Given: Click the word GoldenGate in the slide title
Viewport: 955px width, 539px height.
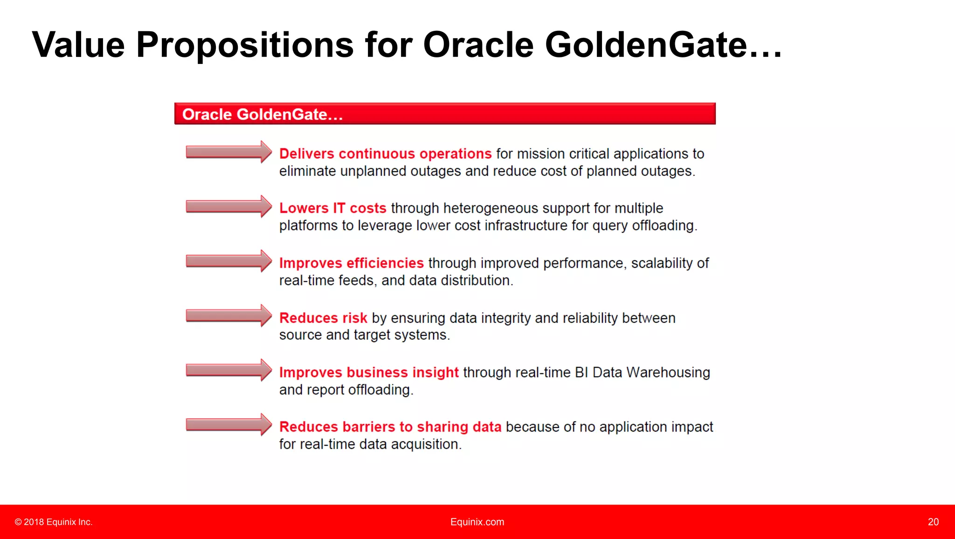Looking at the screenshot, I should (646, 45).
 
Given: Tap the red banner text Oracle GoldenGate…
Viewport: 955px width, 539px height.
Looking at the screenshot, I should (263, 114).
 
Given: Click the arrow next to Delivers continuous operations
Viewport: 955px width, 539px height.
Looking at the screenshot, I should (228, 152).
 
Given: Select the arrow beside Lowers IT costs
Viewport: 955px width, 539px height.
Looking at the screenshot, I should (228, 207).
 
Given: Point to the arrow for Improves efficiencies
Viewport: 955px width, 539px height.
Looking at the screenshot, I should (228, 261).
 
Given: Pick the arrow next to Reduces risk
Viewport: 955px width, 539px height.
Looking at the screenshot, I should (228, 316).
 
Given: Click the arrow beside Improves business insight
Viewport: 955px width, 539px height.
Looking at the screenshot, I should (228, 371).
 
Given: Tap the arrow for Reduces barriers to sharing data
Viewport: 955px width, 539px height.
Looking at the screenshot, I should (228, 425).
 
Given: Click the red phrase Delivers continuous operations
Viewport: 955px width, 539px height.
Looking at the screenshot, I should (385, 154).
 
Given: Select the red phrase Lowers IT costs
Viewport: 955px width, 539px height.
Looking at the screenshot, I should (332, 208).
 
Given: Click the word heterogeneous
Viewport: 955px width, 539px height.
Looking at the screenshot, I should (488, 208).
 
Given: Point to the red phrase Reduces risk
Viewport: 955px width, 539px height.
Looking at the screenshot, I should (323, 318).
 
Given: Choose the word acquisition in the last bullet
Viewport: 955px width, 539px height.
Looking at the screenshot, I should (426, 444).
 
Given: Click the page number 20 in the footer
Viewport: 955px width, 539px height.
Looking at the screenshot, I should (933, 522).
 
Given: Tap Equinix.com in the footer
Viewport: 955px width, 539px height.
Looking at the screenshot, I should (477, 522).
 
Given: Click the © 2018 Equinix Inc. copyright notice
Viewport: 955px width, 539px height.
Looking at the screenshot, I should (54, 522).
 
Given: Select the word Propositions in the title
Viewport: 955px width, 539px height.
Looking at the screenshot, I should (245, 45).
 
